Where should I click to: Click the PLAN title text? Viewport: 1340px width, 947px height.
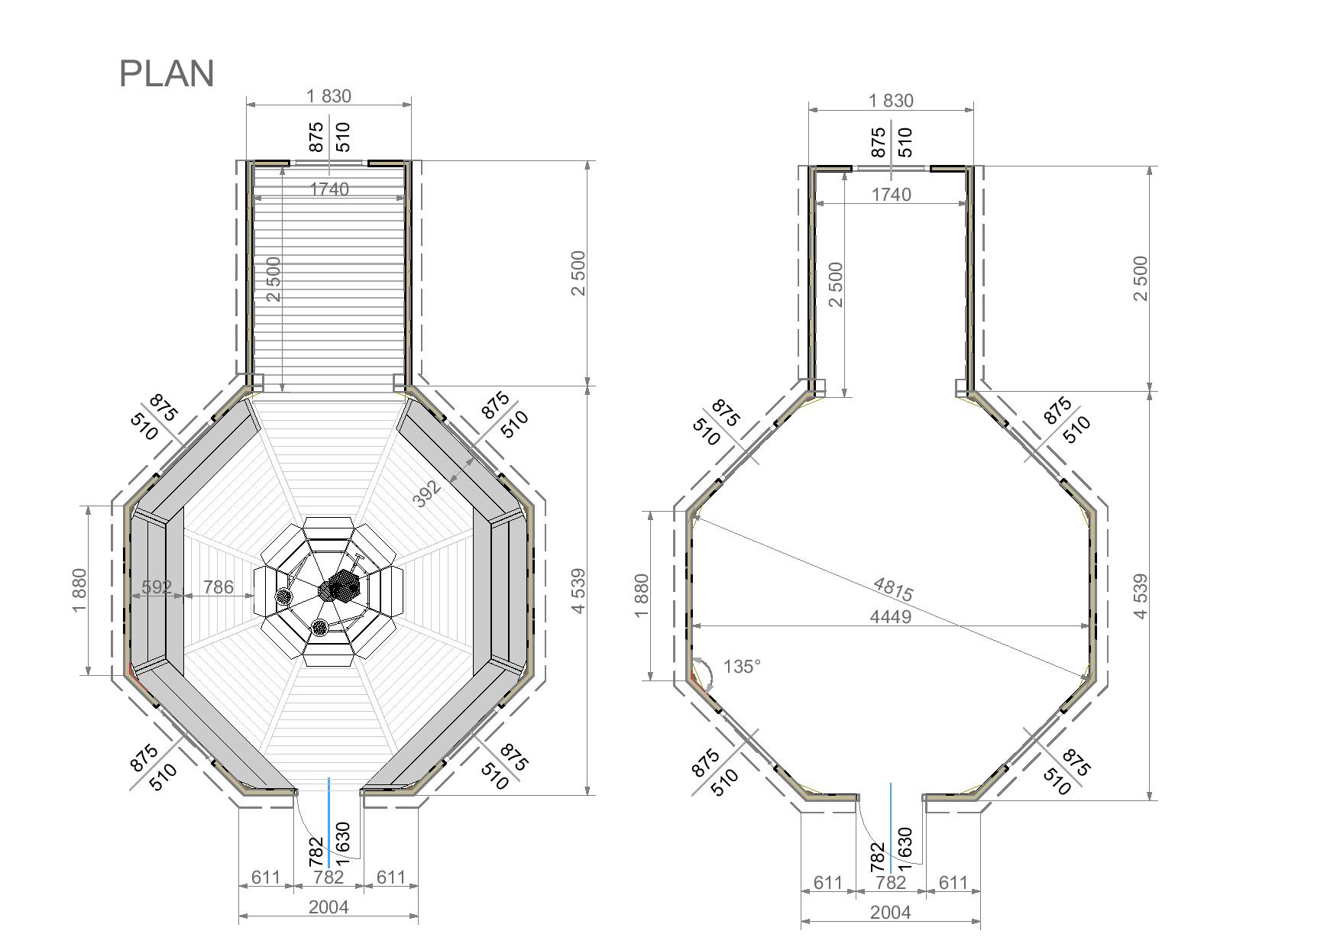pos(167,73)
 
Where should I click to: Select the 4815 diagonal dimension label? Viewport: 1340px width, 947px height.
pos(892,589)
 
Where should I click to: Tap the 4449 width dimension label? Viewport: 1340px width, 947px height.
pos(891,616)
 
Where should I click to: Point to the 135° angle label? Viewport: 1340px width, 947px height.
pos(742,667)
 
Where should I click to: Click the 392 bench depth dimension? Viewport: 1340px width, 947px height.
pos(427,493)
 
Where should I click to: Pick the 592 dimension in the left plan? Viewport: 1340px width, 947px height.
pos(157,587)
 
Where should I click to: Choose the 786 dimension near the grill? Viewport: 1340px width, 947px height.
pos(218,587)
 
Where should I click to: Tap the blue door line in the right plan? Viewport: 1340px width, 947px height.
pos(891,828)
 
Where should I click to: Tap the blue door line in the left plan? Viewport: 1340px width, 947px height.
pos(329,823)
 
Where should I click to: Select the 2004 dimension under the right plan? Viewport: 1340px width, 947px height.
pos(891,912)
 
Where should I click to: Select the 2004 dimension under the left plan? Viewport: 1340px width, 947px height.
pos(329,907)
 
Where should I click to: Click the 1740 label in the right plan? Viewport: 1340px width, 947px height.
pos(891,195)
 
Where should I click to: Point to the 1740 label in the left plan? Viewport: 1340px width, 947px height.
pos(329,189)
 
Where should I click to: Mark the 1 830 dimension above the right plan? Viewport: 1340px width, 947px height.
pos(891,101)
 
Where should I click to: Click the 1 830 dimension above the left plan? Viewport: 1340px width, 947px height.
pos(329,96)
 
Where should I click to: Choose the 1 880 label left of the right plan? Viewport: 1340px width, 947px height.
pos(642,596)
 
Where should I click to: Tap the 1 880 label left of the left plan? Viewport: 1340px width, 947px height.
pos(79,590)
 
